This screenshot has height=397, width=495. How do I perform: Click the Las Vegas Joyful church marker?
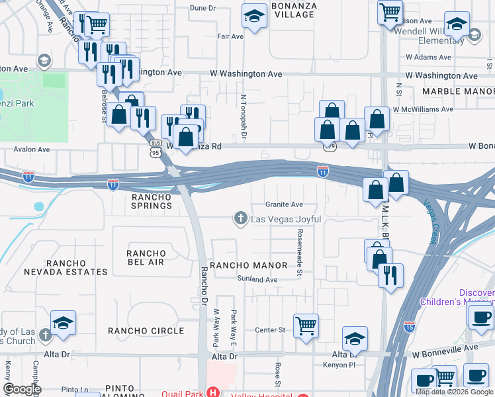(x=241, y=218)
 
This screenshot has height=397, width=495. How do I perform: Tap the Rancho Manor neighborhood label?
(x=249, y=265)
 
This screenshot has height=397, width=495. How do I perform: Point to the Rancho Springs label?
(x=152, y=201)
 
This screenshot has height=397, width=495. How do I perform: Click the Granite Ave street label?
(x=284, y=204)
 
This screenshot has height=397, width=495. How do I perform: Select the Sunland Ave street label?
(x=257, y=280)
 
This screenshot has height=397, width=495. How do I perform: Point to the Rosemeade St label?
(x=300, y=252)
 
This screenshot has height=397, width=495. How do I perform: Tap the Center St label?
(x=270, y=330)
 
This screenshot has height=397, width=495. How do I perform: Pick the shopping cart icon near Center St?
(x=306, y=326)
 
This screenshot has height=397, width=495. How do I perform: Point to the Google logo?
(x=22, y=389)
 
